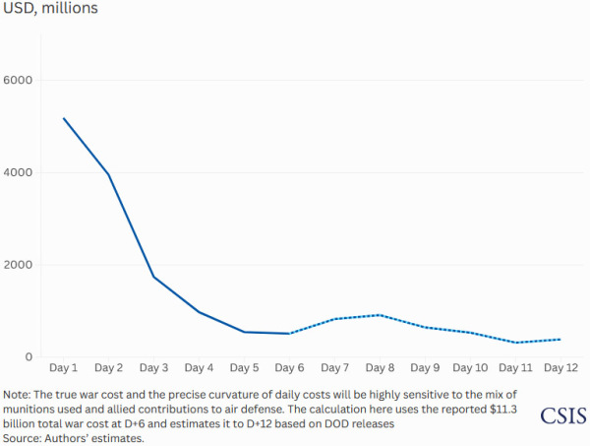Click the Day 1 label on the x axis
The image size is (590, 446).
[x=64, y=368]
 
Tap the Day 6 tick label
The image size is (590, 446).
[x=289, y=368]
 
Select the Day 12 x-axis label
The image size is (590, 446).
[x=560, y=368]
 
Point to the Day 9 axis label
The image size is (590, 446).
[x=424, y=368]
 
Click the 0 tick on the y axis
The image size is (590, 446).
[x=29, y=357]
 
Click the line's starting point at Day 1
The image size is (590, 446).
[x=64, y=118]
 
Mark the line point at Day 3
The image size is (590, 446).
[x=154, y=277]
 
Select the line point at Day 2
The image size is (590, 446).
[x=109, y=175]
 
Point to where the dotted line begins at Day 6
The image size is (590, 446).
[x=289, y=334]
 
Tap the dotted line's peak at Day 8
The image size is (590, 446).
[x=380, y=315]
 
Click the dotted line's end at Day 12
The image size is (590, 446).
[x=560, y=340]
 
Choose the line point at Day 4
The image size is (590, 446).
[x=199, y=312]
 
